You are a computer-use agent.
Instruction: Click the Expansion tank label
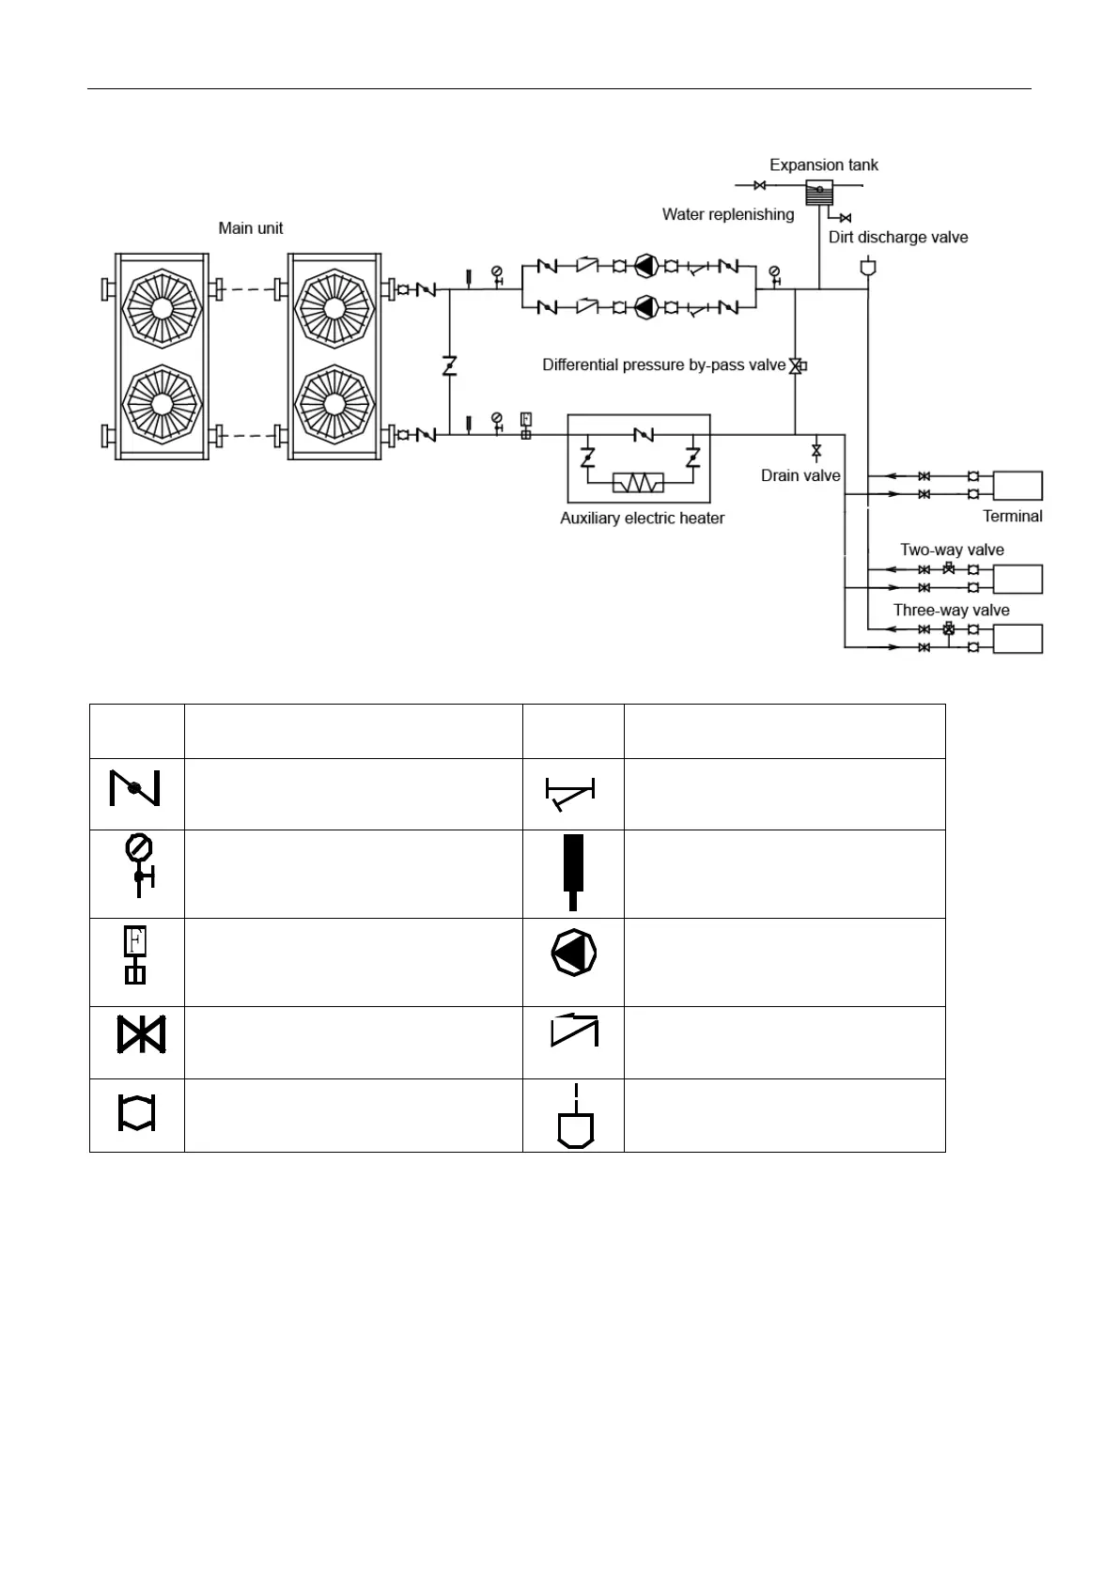coord(823,165)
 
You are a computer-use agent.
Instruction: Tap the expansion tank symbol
coord(819,193)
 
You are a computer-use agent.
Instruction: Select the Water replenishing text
coord(728,214)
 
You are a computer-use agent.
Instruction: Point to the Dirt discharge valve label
coord(897,237)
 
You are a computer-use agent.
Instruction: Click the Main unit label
coord(250,228)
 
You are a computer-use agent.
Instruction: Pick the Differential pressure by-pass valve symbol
coord(797,365)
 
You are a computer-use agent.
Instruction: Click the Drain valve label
coord(800,475)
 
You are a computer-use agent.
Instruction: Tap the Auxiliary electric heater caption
coord(642,518)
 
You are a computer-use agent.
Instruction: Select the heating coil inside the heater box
coord(638,483)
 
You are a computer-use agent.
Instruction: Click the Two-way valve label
coord(952,550)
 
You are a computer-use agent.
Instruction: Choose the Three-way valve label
coord(951,610)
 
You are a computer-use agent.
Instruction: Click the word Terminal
coord(1012,516)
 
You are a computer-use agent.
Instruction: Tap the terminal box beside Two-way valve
coord(1017,579)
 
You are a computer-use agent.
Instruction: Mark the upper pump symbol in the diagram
coord(644,266)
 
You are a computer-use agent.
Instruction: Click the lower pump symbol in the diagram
coord(644,306)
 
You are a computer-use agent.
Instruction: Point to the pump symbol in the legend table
coord(573,953)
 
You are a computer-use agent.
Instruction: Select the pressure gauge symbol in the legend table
coord(139,864)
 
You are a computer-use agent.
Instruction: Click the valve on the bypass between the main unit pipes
coord(450,365)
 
